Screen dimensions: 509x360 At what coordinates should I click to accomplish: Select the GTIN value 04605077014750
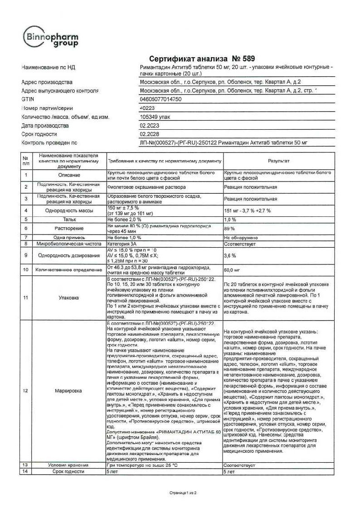161,99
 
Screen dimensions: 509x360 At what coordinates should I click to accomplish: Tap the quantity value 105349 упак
155,117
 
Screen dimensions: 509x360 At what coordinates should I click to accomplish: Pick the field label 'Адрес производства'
47,82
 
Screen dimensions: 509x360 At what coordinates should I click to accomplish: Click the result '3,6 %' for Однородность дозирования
230,256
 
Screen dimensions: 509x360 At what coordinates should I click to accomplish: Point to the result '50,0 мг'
232,269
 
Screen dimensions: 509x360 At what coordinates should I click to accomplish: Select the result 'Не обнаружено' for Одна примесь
241,237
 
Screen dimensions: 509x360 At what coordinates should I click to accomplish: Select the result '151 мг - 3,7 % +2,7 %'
250,210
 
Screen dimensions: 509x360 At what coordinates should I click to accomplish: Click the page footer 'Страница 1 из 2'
180,492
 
